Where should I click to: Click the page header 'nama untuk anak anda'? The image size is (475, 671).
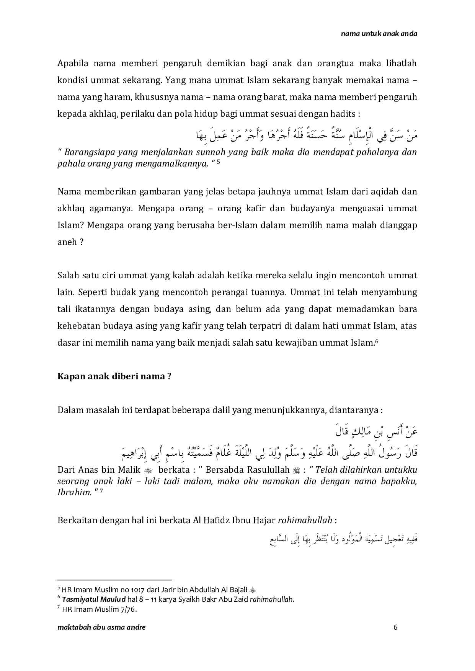[x=379, y=33]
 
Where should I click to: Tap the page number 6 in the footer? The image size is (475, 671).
[x=395, y=627]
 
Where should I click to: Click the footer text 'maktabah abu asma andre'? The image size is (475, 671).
[x=101, y=627]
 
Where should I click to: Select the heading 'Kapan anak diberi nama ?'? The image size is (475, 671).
[x=114, y=376]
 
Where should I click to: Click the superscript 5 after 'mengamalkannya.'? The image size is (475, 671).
[x=218, y=162]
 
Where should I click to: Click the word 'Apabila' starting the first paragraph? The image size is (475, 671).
[x=72, y=63]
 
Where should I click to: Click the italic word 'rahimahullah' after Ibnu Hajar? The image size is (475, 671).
[x=305, y=520]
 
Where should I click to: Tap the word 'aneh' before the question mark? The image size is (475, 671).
[x=67, y=242]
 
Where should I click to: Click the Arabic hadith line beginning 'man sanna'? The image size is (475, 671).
[x=306, y=135]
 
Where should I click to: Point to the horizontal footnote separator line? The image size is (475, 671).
[x=115, y=580]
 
